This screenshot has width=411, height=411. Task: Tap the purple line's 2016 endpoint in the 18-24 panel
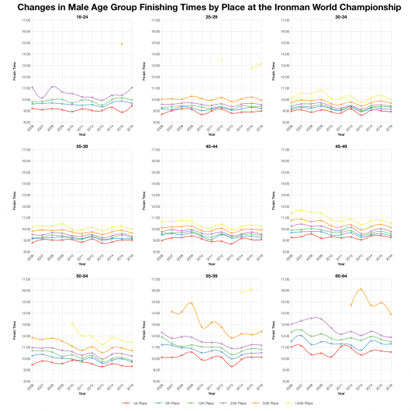(x=133, y=88)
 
